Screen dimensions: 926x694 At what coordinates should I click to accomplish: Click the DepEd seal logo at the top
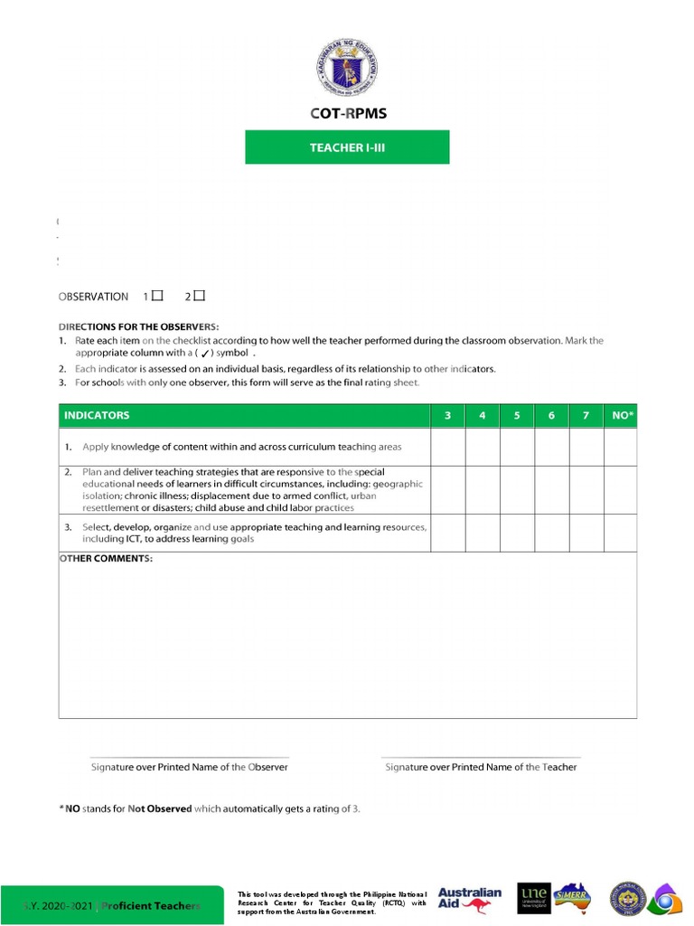tap(347, 69)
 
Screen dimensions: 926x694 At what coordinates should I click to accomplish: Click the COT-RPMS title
tap(347, 114)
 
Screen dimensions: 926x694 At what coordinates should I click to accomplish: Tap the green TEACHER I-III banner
tap(347, 147)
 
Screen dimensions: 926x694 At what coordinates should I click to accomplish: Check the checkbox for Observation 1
tap(157, 296)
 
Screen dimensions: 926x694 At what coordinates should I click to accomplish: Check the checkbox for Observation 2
tap(199, 296)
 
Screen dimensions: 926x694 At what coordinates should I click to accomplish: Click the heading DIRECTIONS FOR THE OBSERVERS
tap(138, 326)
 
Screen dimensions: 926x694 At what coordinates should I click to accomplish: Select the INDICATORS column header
tap(97, 416)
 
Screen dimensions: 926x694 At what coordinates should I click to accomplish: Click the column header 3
tap(447, 416)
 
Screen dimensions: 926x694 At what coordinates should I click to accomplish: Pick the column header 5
tap(517, 416)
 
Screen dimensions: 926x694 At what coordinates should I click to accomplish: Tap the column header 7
tap(586, 416)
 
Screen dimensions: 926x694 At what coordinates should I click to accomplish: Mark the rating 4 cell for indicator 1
tap(483, 447)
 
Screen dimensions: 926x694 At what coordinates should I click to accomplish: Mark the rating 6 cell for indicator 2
tap(551, 491)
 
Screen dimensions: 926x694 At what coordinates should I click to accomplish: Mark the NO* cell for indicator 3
tap(620, 534)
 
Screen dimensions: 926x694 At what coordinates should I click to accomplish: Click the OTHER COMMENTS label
tap(106, 559)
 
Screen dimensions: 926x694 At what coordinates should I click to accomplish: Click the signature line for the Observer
tap(190, 757)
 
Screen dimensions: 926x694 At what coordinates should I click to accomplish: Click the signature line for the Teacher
tap(481, 757)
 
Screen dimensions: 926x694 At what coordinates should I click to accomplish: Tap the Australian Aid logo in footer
tap(469, 898)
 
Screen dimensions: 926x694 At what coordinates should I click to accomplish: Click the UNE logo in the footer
tap(534, 898)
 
